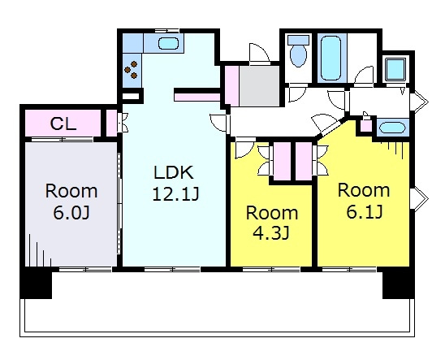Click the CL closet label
pos(63,124)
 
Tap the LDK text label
pos(173,172)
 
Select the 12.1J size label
pos(175,194)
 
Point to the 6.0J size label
pos(71,213)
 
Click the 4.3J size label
pos(271,233)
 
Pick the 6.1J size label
pos(364,211)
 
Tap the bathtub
pos(331,58)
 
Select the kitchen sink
pos(169,43)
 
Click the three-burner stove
pos(132,70)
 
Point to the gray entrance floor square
pos(259,86)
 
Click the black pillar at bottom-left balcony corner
pos(36,283)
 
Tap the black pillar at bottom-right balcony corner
pos(398,283)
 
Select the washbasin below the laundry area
pos(392,128)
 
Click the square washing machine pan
pos(395,68)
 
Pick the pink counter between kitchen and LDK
pos(197,97)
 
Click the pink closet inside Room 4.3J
pos(282,161)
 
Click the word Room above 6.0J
pos(71,191)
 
